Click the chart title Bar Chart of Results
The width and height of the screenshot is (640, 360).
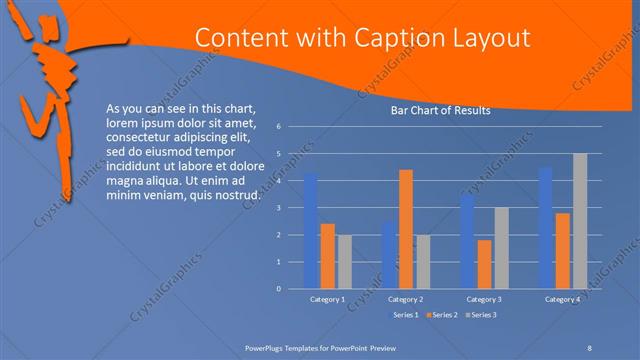tap(440, 111)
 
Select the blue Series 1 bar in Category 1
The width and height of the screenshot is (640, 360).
tap(311, 230)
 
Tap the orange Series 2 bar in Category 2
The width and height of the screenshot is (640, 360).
tap(406, 228)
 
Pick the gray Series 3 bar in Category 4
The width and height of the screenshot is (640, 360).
tap(579, 220)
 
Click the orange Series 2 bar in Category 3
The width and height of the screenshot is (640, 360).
tap(484, 264)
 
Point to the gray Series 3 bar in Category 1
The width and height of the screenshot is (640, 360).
tap(344, 261)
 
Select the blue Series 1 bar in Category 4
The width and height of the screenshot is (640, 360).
tap(545, 227)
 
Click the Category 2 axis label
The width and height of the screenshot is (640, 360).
tap(406, 299)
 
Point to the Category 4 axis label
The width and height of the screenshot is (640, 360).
tap(562, 299)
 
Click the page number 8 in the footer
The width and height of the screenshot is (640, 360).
tap(590, 346)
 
